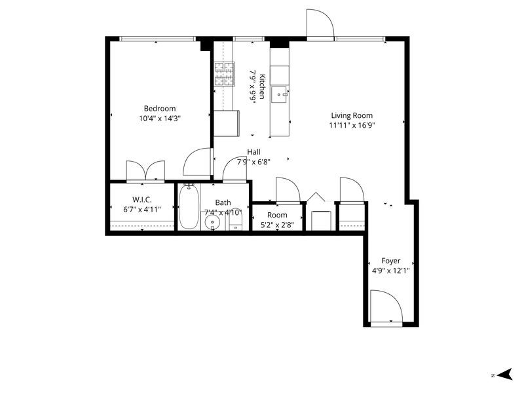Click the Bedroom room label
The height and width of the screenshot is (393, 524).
click(160, 109)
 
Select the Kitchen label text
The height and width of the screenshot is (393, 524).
click(262, 85)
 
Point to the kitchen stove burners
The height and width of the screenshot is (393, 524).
click(223, 74)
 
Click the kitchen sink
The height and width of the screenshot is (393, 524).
click(281, 94)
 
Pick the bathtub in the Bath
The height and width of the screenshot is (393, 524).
click(189, 207)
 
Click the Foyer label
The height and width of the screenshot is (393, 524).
click(390, 261)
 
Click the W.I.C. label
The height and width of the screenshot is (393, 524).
click(142, 200)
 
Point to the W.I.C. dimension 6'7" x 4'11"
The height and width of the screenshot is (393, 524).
click(142, 210)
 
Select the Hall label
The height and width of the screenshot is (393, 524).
click(253, 151)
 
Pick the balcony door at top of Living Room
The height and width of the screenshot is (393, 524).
click(321, 25)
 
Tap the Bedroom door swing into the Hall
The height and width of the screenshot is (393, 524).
click(198, 162)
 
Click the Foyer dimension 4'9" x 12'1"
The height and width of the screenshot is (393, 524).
click(390, 271)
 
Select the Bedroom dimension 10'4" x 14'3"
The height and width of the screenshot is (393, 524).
click(160, 119)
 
